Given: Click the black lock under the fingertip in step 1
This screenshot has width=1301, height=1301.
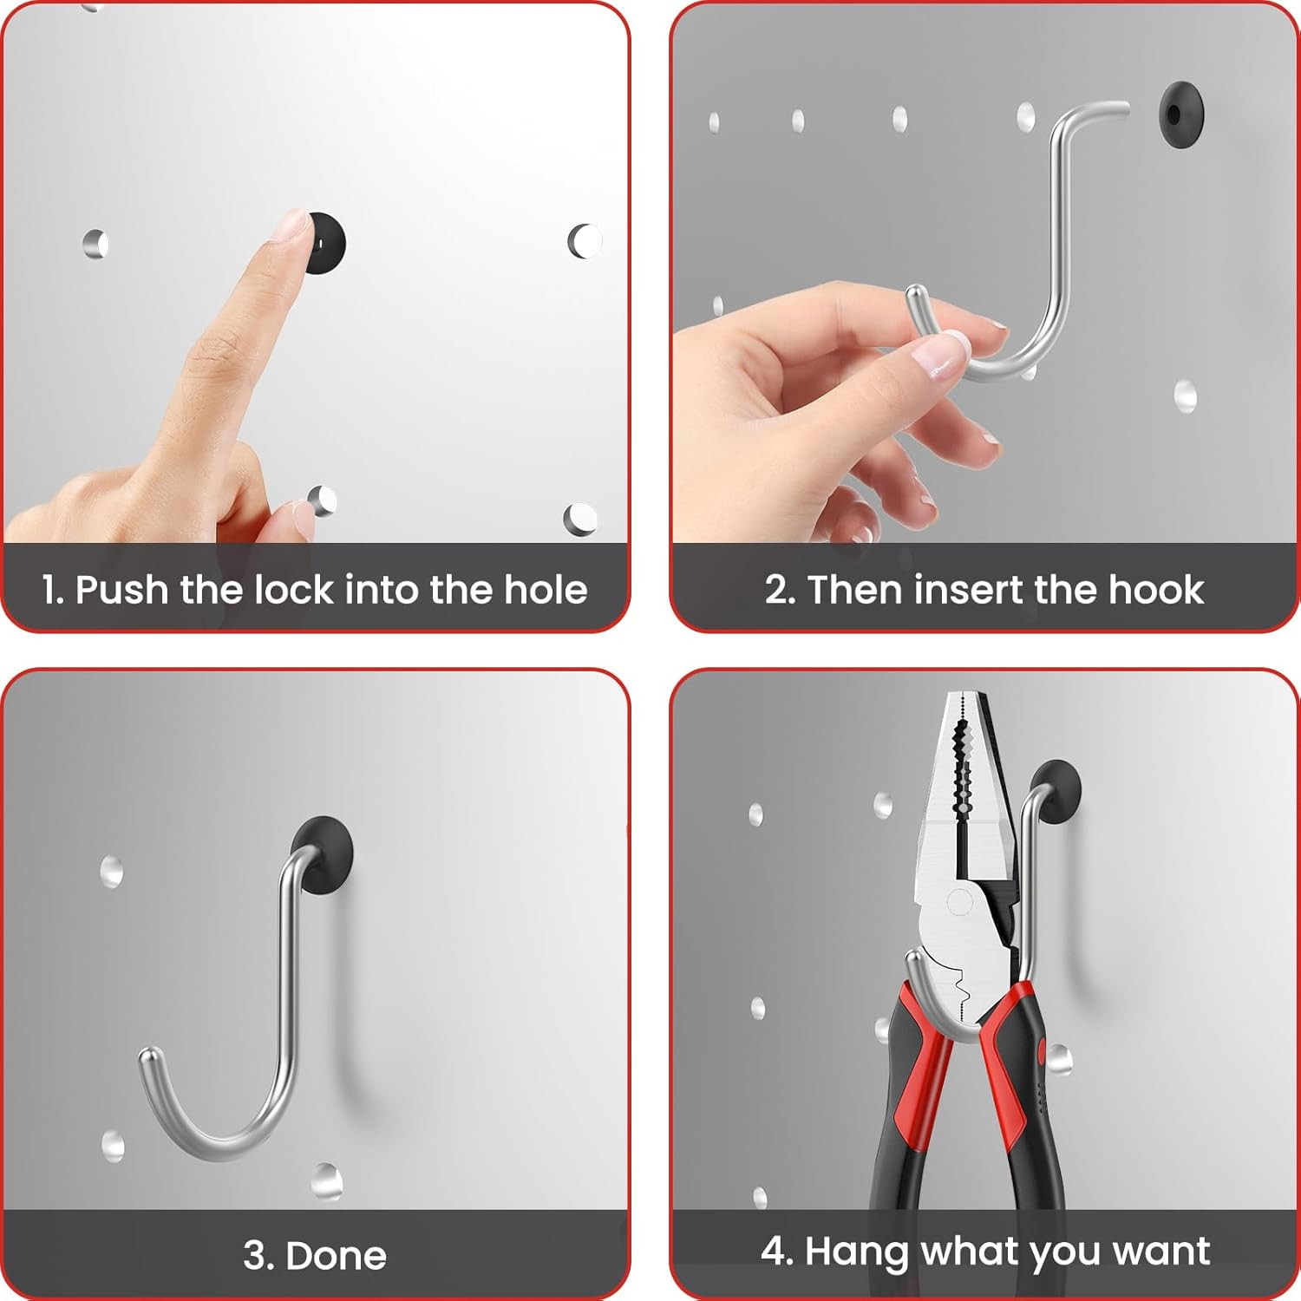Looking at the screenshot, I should click(328, 244).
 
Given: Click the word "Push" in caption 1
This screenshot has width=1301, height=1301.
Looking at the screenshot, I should click(121, 591).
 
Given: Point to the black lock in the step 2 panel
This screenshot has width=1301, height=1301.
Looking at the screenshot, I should click(1180, 114).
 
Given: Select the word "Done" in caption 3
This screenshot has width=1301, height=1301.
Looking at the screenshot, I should click(336, 1256).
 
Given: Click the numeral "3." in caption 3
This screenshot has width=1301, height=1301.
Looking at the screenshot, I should click(258, 1256).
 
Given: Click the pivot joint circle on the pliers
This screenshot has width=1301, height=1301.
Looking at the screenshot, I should click(959, 903).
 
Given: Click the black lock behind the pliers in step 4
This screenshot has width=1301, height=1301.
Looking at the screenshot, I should click(1056, 791).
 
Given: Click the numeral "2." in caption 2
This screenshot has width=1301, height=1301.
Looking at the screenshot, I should click(781, 590).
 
